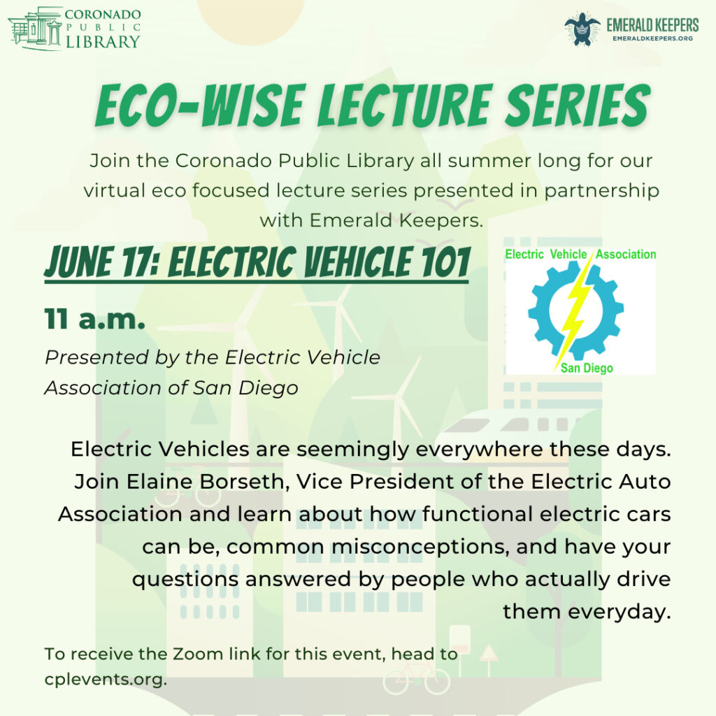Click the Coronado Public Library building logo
(35, 29)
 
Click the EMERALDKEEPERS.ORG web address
(652, 38)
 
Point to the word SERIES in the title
(578, 106)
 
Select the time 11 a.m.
(95, 319)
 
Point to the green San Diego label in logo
(587, 368)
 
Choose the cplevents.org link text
(106, 680)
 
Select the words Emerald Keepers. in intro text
(396, 220)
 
